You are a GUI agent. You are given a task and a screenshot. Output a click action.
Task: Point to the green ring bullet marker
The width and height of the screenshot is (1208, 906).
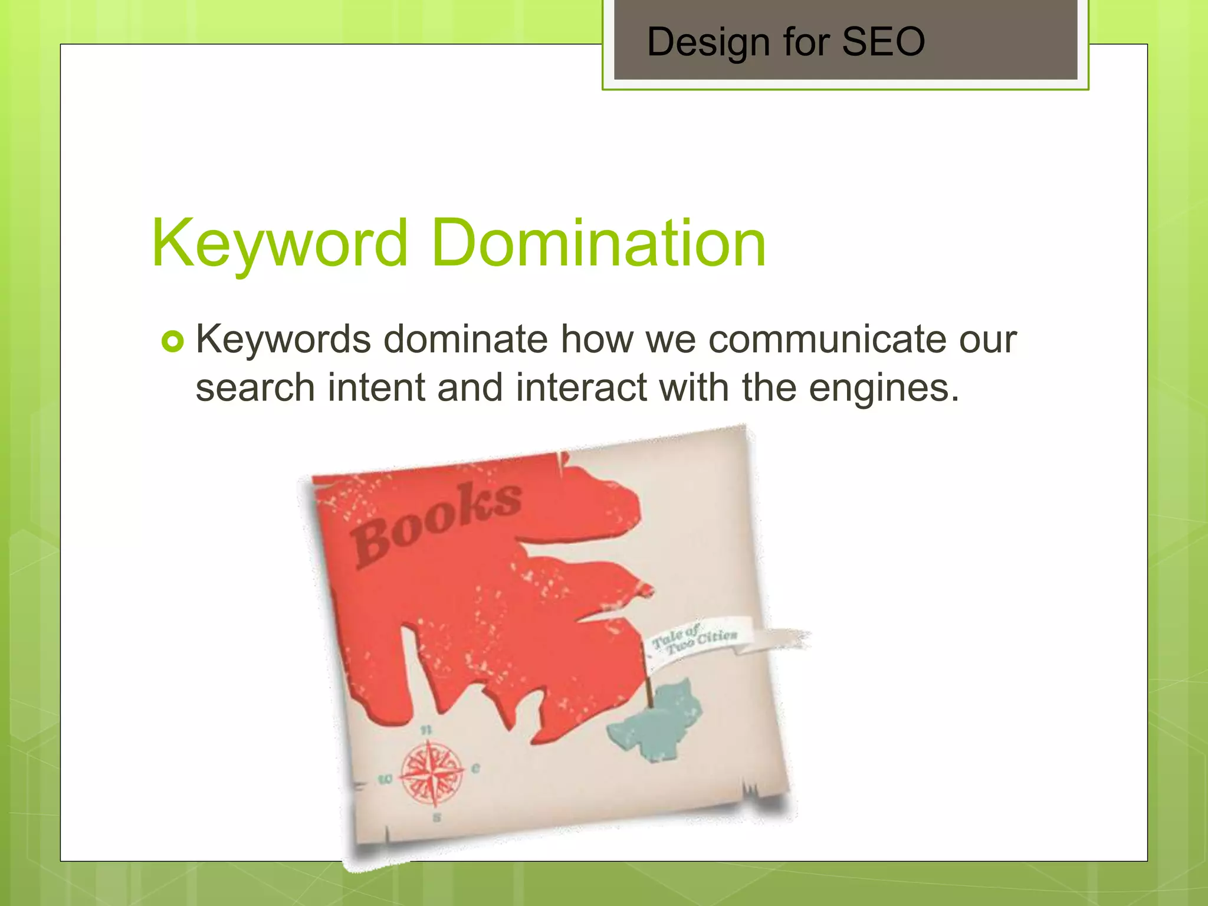172,342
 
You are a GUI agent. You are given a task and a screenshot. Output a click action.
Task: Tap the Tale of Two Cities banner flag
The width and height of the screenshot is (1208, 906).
696,641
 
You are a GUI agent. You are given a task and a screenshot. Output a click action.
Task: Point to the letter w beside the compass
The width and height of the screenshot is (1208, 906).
385,780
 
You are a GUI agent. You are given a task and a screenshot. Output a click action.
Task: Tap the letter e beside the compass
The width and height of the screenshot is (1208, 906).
475,768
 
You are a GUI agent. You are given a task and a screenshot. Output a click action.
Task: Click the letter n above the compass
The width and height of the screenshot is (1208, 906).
426,730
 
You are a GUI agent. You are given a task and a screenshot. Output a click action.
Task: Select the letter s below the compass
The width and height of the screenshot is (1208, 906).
436,818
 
